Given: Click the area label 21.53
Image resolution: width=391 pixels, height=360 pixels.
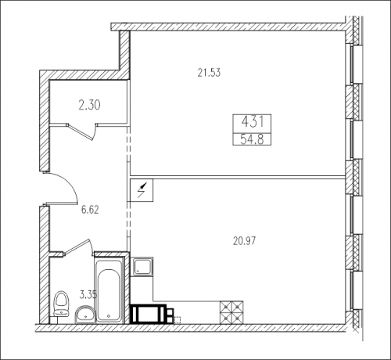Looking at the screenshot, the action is click(209, 73).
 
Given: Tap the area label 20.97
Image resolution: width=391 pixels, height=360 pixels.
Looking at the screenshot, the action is click(244, 241).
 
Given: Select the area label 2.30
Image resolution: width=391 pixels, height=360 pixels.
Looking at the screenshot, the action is click(89, 106).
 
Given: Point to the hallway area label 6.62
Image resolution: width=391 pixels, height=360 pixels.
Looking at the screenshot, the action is click(90, 210).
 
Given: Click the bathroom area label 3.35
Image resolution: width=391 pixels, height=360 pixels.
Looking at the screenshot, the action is click(88, 295).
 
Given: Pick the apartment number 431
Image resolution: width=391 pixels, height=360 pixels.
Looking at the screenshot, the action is click(253, 122).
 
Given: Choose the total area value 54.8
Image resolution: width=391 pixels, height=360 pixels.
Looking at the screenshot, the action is click(252, 139).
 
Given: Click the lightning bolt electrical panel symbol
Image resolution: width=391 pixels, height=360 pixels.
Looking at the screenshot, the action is click(142, 190).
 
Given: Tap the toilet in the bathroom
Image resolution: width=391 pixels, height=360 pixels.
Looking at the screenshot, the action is click(61, 304).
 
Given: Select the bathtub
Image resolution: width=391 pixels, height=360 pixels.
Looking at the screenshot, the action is click(109, 290).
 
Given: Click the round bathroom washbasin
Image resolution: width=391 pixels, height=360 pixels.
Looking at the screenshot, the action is click(85, 315).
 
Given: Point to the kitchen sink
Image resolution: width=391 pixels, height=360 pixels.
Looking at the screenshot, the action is click(142, 267).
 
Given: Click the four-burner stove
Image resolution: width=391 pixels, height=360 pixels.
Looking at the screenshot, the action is click(231, 312).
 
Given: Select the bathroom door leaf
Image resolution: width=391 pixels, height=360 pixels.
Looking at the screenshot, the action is click(77, 247).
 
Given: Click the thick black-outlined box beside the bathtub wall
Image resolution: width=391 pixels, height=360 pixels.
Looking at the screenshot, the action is click(149, 314).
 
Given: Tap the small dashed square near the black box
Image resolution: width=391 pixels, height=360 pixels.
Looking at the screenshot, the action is click(178, 320).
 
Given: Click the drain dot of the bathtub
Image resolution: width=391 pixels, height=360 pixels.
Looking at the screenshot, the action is click(109, 316).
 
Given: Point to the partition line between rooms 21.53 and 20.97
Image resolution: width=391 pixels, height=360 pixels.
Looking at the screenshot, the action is click(238, 177).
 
